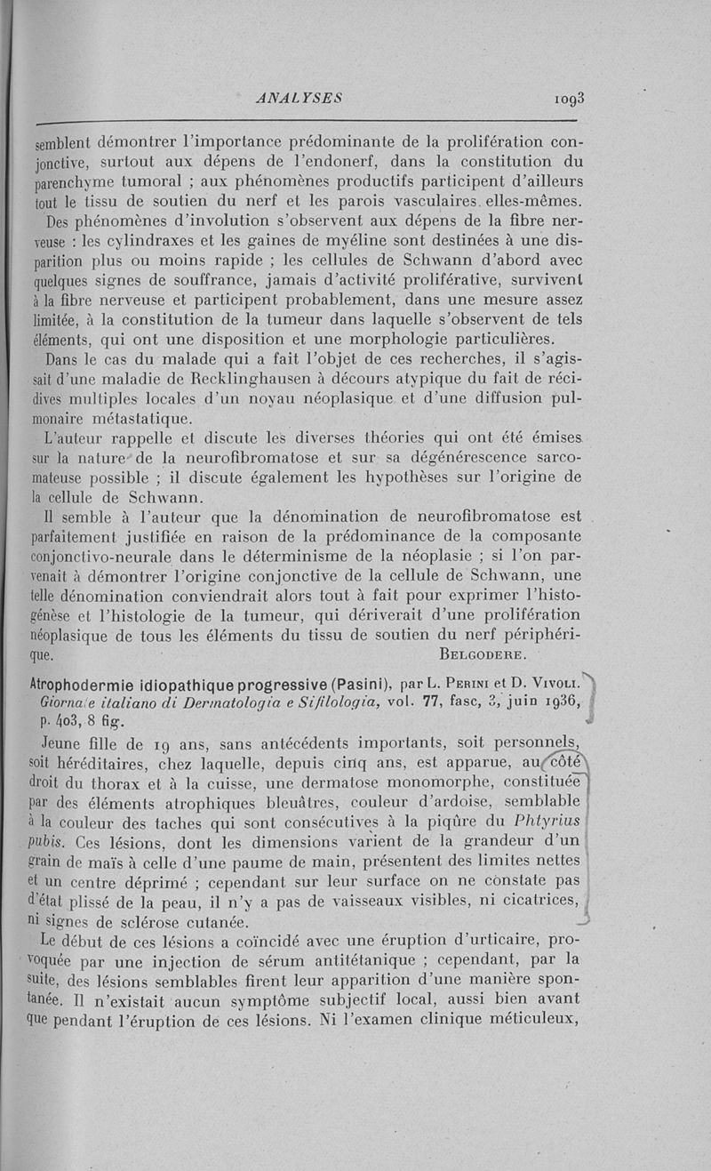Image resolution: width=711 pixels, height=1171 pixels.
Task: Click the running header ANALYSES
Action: point(299,98)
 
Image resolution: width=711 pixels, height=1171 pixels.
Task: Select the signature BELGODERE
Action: point(483,656)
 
